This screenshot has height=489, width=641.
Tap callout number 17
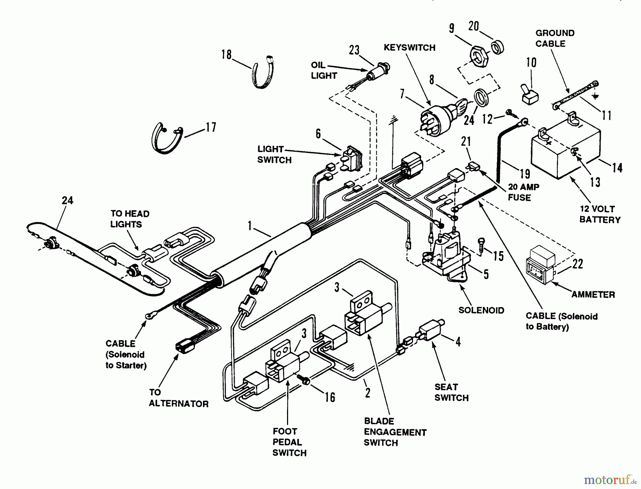pyautogui.click(x=211, y=127)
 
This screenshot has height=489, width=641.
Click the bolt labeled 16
pyautogui.click(x=304, y=380)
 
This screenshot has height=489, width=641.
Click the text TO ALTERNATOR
pyautogui.click(x=179, y=398)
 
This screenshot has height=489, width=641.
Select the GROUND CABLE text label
pyautogui.click(x=555, y=38)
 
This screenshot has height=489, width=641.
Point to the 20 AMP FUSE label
pyautogui.click(x=523, y=192)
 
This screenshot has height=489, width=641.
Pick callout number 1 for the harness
pyautogui.click(x=250, y=226)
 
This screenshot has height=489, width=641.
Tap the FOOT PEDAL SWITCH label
pyautogui.click(x=290, y=442)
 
